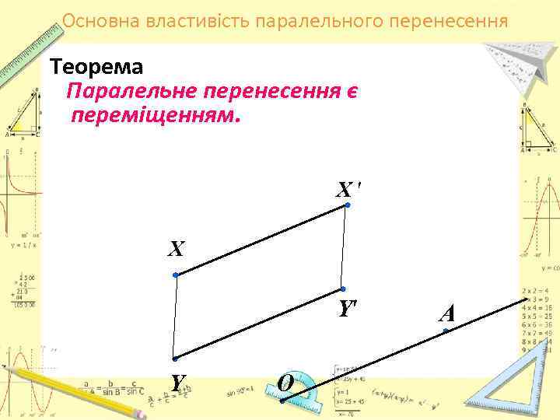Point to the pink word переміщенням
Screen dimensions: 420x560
156,117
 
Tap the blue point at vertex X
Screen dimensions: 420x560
177,275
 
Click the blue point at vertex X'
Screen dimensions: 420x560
348,205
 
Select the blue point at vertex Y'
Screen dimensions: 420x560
343,289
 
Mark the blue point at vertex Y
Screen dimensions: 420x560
175,359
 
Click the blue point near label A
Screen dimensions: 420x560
446,331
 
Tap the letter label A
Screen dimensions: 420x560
446,313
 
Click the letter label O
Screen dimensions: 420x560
285,383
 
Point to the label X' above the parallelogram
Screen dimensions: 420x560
348,189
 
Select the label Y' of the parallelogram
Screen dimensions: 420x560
347,308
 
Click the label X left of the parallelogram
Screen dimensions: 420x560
177,249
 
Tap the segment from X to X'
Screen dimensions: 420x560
262,240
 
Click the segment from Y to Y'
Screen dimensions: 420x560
259,324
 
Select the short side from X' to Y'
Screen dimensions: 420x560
345,247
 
